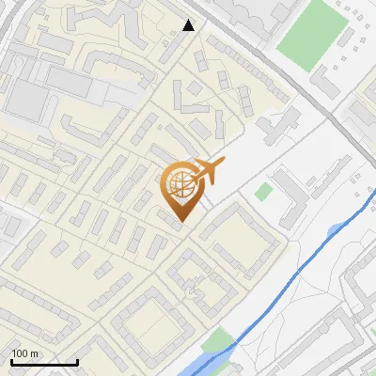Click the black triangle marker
tap(189, 25)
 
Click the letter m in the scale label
tap(35, 353)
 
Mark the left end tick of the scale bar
tap(11, 361)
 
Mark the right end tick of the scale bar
tap(77, 361)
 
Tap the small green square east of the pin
tap(264, 192)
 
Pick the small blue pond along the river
tap(337, 230)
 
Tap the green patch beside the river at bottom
tap(218, 341)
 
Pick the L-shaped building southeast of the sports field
tap(329, 85)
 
